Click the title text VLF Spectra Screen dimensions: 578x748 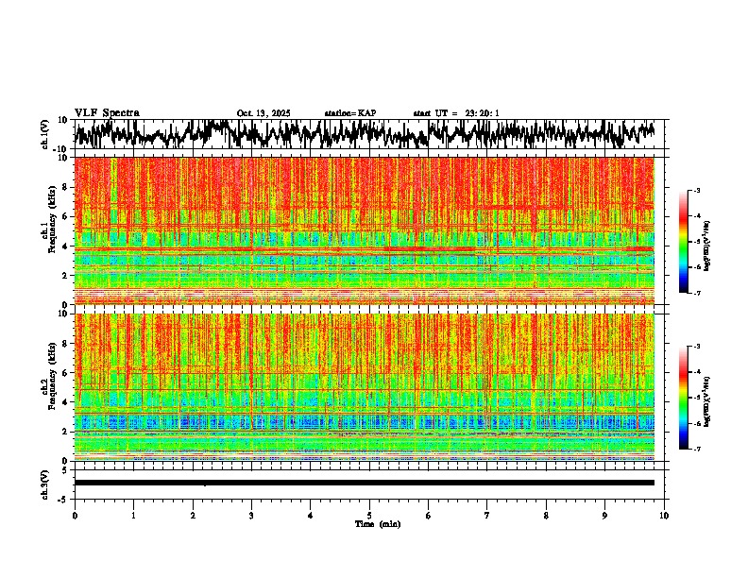coord(107,113)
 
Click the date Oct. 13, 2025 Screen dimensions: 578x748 coord(263,113)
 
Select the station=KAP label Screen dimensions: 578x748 coord(350,113)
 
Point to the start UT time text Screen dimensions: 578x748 coord(456,113)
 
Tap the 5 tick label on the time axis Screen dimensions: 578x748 coord(369,516)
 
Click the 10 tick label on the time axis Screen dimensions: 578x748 coord(664,516)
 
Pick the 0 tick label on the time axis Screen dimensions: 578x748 coord(75,516)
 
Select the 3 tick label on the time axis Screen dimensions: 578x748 coord(251,516)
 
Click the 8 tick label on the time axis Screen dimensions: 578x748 coord(546,516)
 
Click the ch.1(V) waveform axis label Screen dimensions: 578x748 coord(45,134)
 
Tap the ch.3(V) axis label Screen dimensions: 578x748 coord(45,483)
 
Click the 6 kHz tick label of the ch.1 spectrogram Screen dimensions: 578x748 coord(65,216)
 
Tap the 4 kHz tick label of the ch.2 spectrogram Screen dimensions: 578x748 coord(65,401)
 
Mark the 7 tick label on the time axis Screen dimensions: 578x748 coord(487,516)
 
